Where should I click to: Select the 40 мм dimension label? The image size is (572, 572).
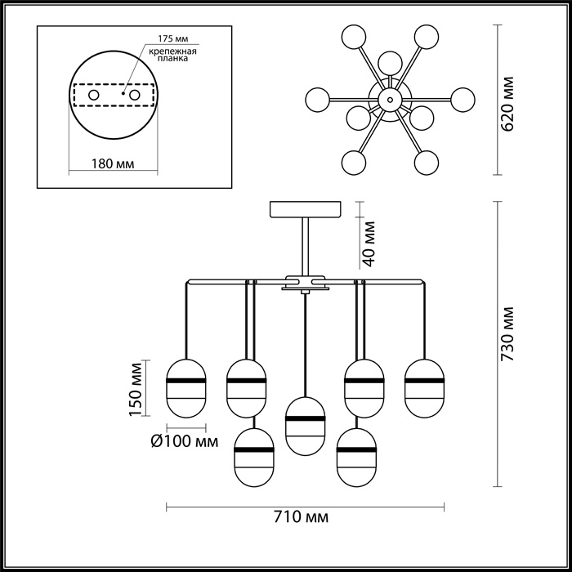click(x=369, y=243)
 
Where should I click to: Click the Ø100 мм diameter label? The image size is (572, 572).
click(x=185, y=442)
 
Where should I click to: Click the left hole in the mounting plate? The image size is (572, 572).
click(x=95, y=96)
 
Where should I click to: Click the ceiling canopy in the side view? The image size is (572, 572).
click(x=307, y=209)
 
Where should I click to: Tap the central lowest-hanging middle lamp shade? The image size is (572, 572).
click(x=305, y=424)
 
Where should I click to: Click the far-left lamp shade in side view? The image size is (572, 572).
click(x=185, y=386)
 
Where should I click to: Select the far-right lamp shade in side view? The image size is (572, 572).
click(x=425, y=386)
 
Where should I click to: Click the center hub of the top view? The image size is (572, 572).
click(x=390, y=100)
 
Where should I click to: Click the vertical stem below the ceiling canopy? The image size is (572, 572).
click(x=306, y=245)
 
